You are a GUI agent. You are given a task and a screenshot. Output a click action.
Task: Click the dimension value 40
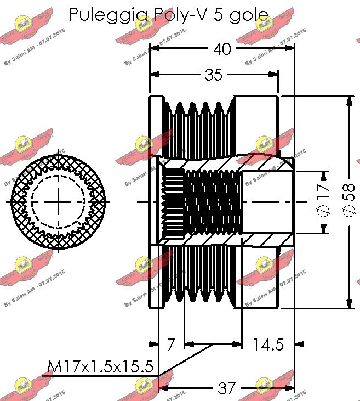[x=221, y=49]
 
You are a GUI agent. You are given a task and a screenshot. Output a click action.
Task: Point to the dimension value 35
[x=213, y=75]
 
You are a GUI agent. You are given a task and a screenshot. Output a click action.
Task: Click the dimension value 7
[x=171, y=344]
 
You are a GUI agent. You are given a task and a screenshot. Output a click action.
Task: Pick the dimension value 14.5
[x=268, y=344]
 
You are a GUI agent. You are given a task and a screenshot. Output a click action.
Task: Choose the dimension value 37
[x=226, y=388]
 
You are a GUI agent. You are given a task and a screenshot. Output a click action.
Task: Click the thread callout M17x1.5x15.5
[x=100, y=366]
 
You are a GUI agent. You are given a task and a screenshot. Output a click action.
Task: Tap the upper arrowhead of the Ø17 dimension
[x=323, y=176]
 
